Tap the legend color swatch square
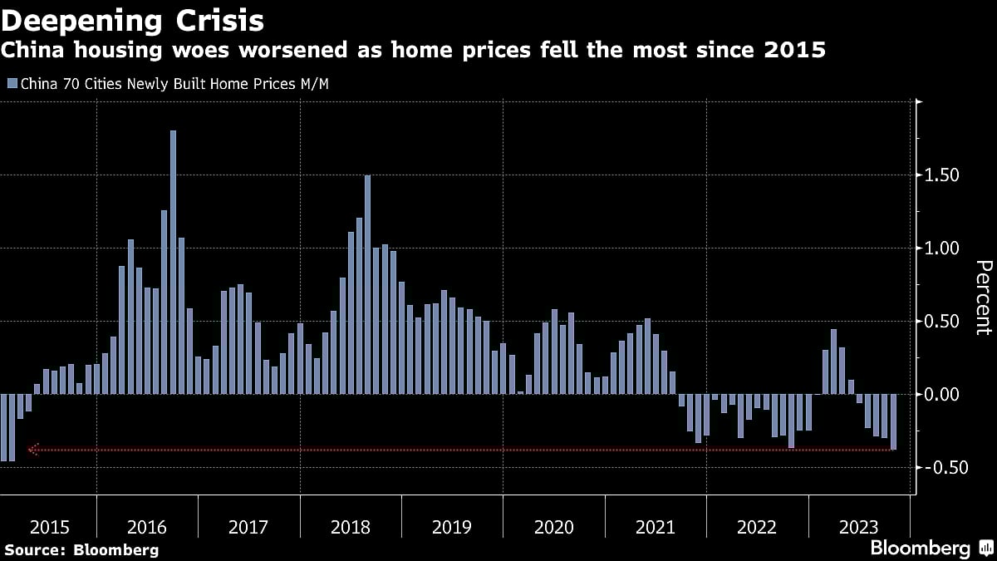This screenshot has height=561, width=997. point(12,84)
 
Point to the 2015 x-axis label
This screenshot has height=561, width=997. point(49,527)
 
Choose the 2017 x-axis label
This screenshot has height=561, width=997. point(248,527)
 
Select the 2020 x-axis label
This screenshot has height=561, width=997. point(553,527)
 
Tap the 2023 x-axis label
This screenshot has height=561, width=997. point(858,527)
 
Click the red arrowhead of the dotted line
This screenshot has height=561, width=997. point(32,450)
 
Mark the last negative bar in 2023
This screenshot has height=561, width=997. point(894,422)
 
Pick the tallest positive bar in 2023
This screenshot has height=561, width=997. point(834,362)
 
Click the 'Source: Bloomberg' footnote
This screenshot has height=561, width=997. point(81,549)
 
